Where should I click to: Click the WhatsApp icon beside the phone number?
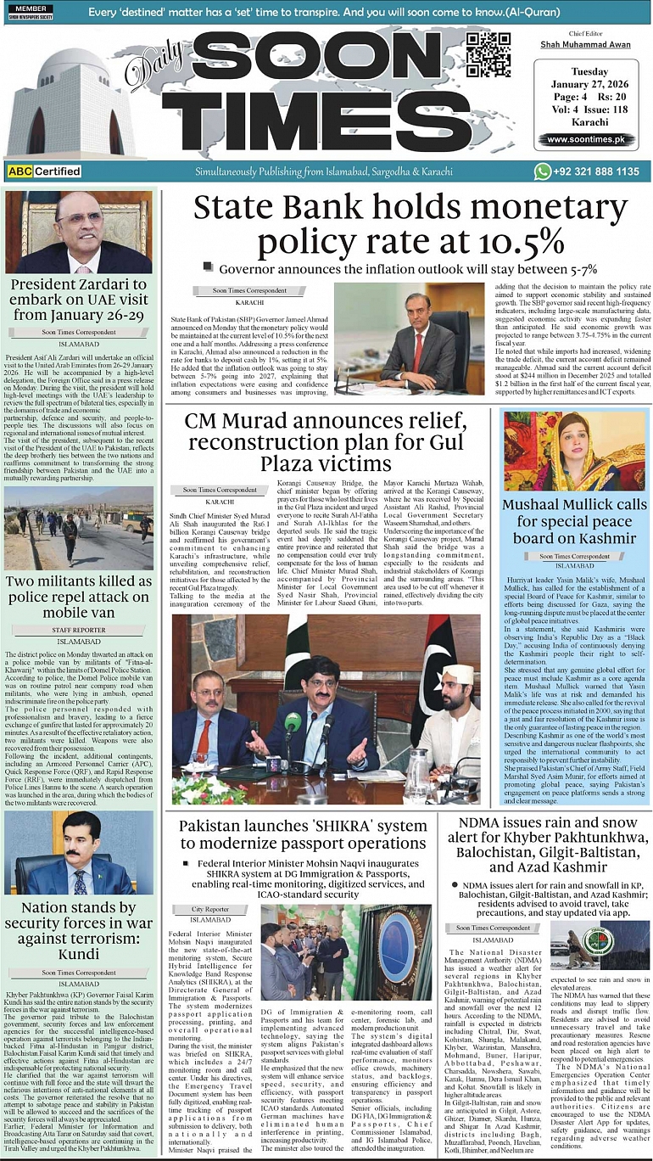coord(543,171)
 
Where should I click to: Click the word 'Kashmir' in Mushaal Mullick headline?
coord(607,539)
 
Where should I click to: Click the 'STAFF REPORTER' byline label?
coord(79,631)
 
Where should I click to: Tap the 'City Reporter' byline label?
coord(210,909)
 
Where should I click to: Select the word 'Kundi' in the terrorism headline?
coord(79,954)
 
